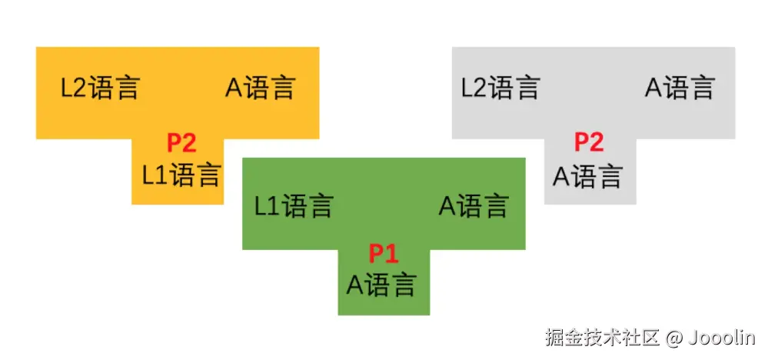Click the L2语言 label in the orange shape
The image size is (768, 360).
tap(100, 88)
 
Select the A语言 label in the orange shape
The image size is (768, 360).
tap(260, 88)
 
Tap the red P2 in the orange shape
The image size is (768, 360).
tap(182, 143)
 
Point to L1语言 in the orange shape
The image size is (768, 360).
tap(181, 175)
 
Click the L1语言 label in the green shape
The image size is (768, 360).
tap(294, 206)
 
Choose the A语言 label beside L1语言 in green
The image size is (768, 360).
tap(474, 206)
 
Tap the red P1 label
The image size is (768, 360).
tap(384, 253)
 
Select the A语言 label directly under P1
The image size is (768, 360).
tap(381, 285)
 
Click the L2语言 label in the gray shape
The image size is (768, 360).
tap(500, 88)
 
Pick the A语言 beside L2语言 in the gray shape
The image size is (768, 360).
tap(680, 88)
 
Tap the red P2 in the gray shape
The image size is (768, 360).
tap(589, 143)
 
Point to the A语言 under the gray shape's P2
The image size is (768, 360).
tap(587, 177)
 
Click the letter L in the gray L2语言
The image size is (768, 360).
tap(467, 88)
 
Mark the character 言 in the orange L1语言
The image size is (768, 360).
tap(208, 175)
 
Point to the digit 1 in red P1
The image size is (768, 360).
tap(392, 253)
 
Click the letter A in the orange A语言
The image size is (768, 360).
tap(233, 88)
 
